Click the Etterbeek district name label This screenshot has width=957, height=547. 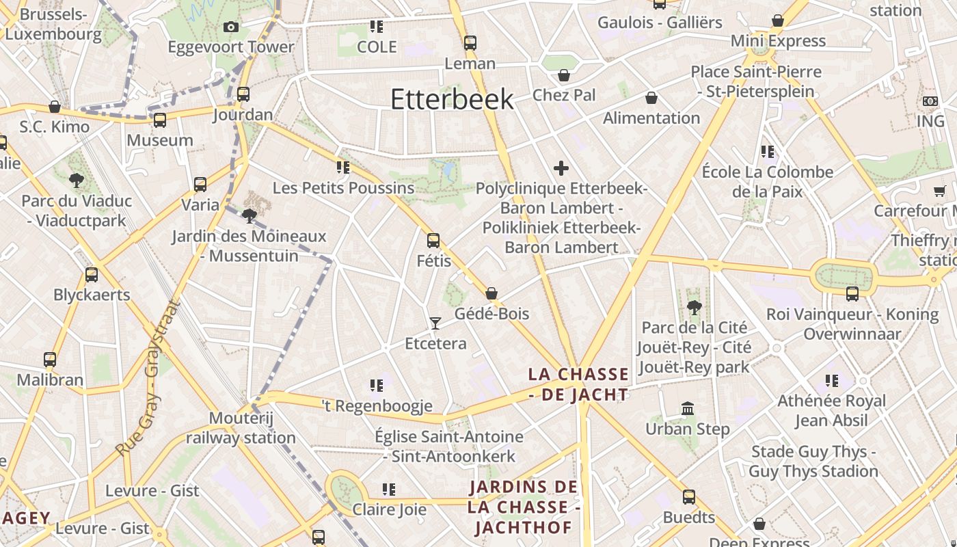pyautogui.click(x=452, y=99)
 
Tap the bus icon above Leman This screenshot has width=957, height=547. pyautogui.click(x=470, y=42)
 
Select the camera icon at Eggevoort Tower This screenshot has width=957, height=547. pyautogui.click(x=231, y=27)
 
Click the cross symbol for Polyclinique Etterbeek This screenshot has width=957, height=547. pyautogui.click(x=561, y=168)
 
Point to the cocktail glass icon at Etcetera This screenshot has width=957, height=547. pyautogui.click(x=435, y=323)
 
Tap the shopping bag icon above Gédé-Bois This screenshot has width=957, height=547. pyautogui.click(x=491, y=294)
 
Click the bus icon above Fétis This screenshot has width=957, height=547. pyautogui.click(x=433, y=241)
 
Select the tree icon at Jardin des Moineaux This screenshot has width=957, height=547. pyautogui.click(x=250, y=216)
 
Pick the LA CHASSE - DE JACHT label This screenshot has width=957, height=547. pyautogui.click(x=578, y=384)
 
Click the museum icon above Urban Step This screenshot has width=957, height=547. pyautogui.click(x=688, y=409)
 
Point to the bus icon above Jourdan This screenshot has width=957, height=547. pyautogui.click(x=243, y=94)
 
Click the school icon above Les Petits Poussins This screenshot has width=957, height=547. pyautogui.click(x=342, y=168)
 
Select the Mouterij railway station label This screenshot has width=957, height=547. pyautogui.click(x=241, y=427)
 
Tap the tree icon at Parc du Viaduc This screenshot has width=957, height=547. pyautogui.click(x=76, y=181)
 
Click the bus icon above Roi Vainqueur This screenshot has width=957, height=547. pyautogui.click(x=852, y=294)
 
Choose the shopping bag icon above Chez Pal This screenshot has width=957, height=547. pyautogui.click(x=564, y=75)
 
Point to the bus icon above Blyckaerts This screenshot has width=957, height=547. pyautogui.click(x=92, y=275)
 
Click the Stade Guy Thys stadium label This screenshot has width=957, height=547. pyautogui.click(x=813, y=462)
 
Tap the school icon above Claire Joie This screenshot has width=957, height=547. pyautogui.click(x=388, y=490)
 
